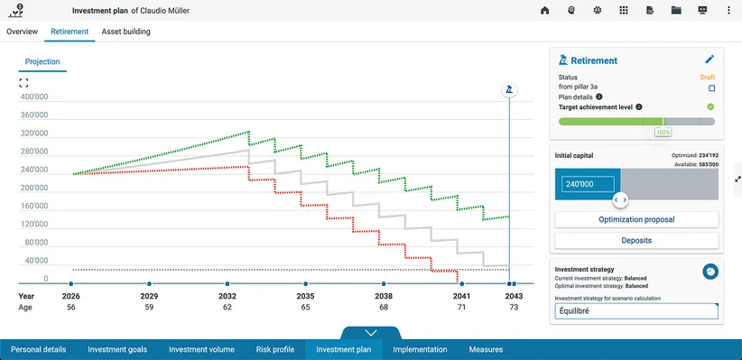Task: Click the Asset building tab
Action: click(125, 32)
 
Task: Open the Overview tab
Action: click(23, 32)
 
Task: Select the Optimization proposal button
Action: click(636, 219)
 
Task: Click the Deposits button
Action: click(636, 240)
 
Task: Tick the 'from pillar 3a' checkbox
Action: click(711, 88)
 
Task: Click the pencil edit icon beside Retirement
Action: click(710, 60)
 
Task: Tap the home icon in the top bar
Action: click(544, 11)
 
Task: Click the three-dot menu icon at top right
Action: click(728, 11)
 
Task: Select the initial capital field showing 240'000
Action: click(588, 184)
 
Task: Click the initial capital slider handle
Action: click(620, 200)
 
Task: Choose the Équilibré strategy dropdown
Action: click(636, 311)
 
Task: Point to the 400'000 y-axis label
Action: click(34, 97)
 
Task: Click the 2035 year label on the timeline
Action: click(306, 297)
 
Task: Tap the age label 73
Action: click(514, 308)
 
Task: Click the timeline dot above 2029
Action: click(149, 284)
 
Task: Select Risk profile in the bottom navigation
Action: click(275, 349)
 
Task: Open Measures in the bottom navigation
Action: click(486, 349)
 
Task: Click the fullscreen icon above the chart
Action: click(23, 83)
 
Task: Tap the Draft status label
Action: click(708, 77)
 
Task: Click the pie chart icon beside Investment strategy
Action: click(710, 272)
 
